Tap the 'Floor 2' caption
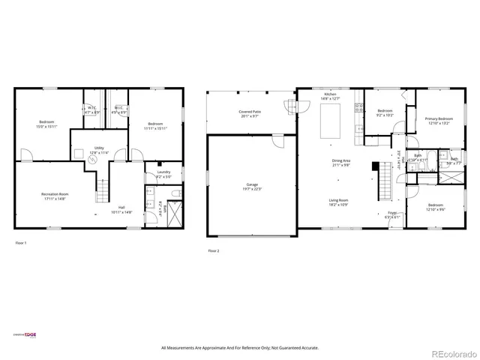(213, 250)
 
